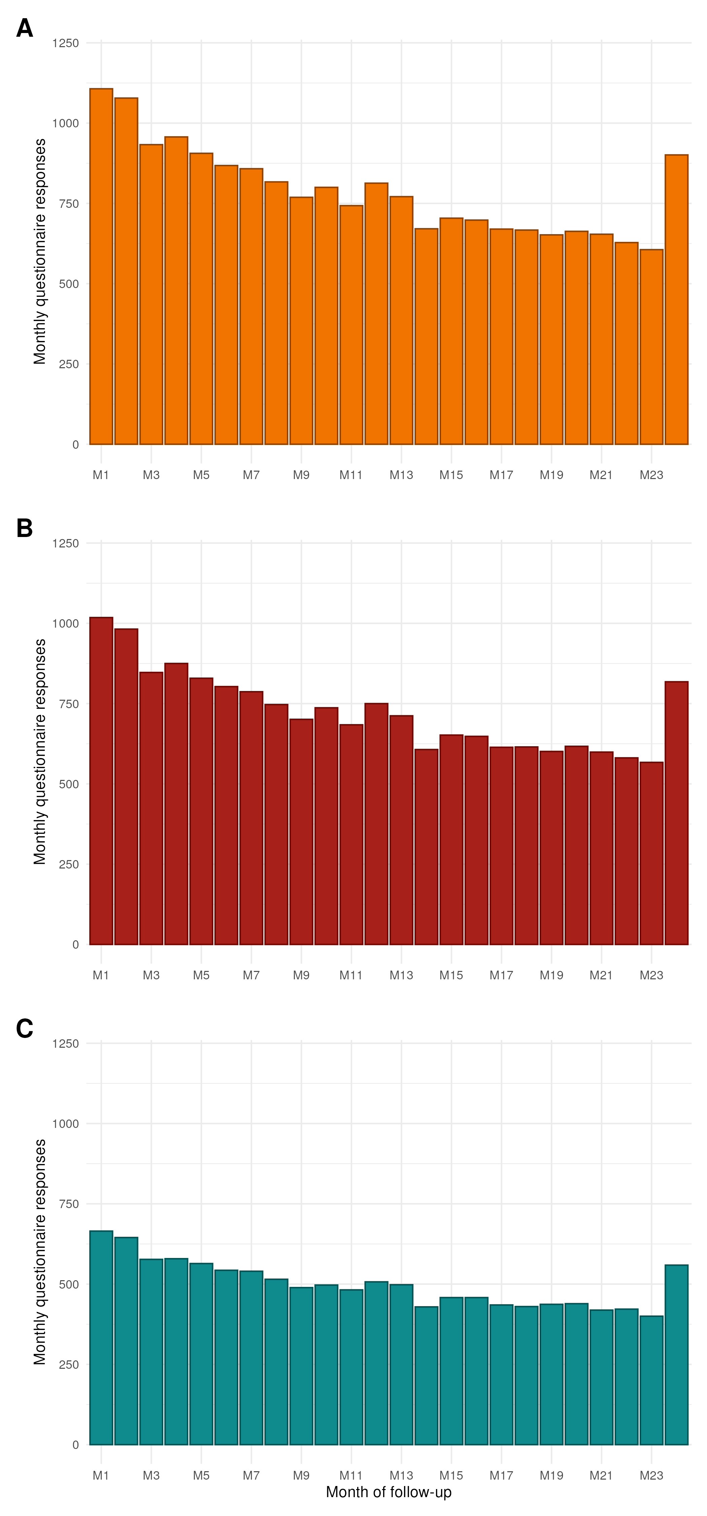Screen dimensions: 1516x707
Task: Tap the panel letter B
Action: (25, 528)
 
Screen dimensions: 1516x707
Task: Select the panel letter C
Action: (25, 1028)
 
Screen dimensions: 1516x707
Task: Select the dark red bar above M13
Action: (401, 830)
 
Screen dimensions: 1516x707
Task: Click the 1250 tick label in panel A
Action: (65, 43)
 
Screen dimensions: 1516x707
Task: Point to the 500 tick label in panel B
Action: (68, 784)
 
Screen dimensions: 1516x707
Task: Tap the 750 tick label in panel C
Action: (68, 1204)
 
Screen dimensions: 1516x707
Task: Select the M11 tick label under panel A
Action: (351, 475)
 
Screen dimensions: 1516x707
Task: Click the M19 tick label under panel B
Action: (551, 975)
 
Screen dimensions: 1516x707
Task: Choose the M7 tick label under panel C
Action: (251, 1475)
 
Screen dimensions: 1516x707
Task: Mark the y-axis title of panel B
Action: (39, 752)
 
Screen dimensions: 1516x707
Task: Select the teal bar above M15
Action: (451, 1371)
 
